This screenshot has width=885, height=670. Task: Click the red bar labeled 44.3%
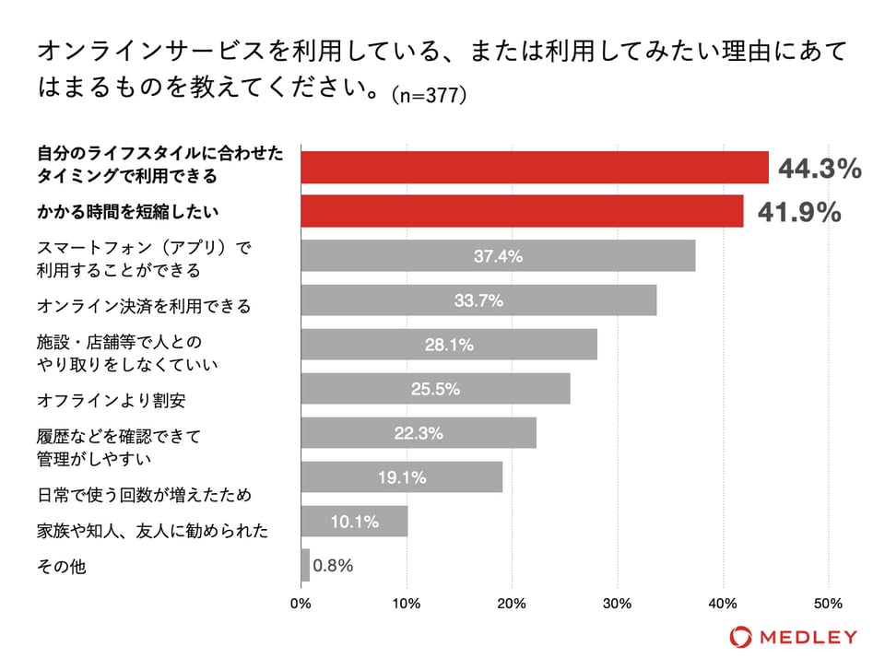535,167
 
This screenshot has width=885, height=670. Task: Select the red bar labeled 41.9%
522,211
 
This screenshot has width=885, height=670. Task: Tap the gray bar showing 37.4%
498,255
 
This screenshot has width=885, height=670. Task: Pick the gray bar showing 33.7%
478,300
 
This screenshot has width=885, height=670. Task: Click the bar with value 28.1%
449,344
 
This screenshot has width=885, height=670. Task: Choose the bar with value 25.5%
435,388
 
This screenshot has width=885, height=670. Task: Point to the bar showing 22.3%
419,432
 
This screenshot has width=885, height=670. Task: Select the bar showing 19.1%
402,476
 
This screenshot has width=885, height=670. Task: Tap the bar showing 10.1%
354,521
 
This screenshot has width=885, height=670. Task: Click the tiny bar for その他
305,565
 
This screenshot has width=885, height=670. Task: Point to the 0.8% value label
333,565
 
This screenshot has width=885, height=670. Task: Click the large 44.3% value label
820,168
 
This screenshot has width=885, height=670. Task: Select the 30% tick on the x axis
618,604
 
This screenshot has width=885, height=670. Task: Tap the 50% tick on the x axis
828,604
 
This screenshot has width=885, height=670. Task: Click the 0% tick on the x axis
301,604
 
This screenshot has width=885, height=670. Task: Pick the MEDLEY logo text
806,637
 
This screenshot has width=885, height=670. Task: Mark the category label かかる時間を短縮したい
127,212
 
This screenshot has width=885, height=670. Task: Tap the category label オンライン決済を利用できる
144,305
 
